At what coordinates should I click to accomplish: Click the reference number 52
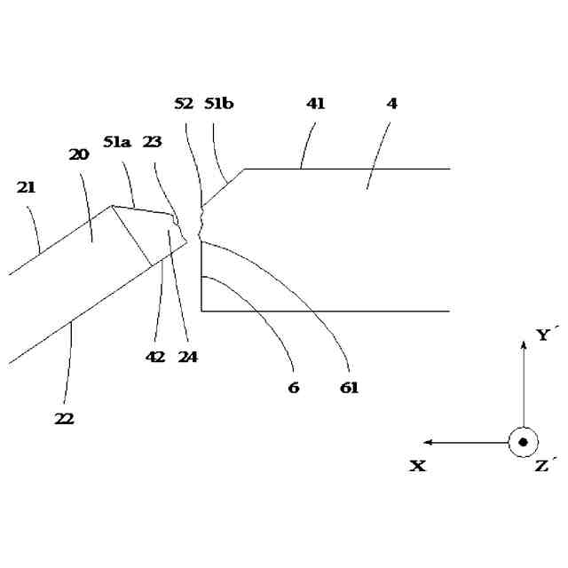pos(184,104)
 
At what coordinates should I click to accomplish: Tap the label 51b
pos(218,104)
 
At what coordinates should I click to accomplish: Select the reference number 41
pos(316,104)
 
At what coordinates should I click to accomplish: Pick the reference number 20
pos(79,154)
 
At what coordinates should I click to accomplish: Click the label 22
pos(65,418)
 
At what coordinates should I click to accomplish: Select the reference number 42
pos(156,358)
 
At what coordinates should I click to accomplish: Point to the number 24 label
pos(187,358)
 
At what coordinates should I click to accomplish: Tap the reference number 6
pos(294,388)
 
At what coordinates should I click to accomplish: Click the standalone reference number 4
pos(392,104)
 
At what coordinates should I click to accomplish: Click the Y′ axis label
pos(547,335)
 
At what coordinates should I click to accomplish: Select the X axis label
pos(417,466)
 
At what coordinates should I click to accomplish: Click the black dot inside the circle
pos(524,442)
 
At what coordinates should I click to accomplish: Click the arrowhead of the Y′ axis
pos(524,343)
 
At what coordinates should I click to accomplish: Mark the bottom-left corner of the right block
pos(201,312)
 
